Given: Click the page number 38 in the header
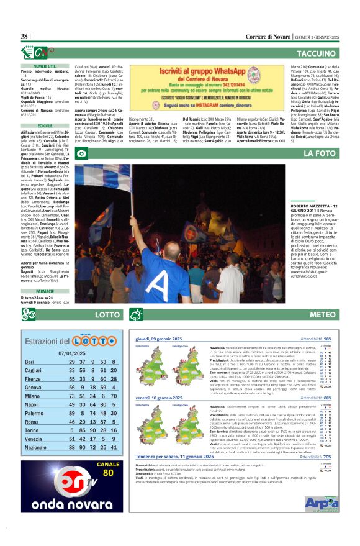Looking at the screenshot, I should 25,37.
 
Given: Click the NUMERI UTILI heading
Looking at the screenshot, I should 45,65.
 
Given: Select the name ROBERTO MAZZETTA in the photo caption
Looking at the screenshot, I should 309,206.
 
